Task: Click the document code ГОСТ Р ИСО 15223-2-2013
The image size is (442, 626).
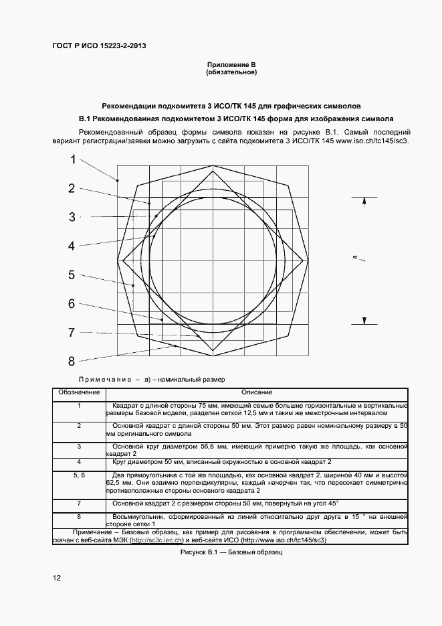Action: [99, 46]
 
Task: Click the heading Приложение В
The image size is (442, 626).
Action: [231, 64]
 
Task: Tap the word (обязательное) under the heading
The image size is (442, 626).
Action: [231, 72]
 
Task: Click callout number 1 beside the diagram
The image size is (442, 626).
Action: [74, 159]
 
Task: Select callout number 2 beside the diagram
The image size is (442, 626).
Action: [72, 188]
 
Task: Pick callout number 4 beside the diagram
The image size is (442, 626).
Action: [72, 246]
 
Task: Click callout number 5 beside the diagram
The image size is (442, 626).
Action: [72, 275]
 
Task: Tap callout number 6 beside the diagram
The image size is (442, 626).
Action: [72, 303]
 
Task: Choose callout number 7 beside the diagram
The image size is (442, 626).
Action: [72, 332]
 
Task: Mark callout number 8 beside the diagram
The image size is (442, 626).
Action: [72, 362]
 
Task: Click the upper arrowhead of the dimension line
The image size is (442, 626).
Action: [364, 201]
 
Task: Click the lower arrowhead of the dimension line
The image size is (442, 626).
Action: [364, 320]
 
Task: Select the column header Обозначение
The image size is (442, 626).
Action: [79, 392]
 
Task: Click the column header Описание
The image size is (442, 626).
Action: [257, 392]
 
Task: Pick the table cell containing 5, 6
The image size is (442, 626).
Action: [79, 475]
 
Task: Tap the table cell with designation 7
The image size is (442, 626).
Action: [79, 503]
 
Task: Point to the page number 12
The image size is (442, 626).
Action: [57, 578]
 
